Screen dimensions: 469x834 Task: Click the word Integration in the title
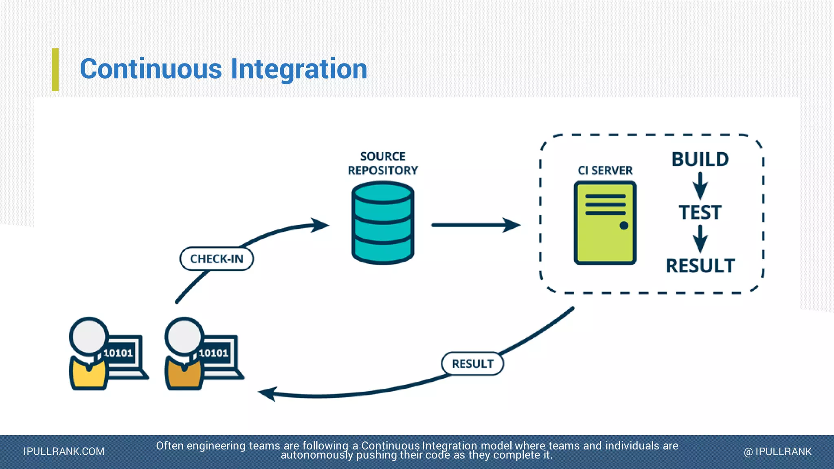point(299,69)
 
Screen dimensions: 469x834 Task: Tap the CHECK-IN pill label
point(217,259)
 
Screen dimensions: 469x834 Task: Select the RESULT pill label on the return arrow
point(472,364)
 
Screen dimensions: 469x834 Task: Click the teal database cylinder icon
point(382,223)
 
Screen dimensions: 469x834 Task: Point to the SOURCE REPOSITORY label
point(383,163)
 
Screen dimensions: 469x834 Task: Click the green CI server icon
point(605,223)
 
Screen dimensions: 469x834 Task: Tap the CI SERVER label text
point(605,170)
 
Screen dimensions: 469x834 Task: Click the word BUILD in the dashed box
point(700,159)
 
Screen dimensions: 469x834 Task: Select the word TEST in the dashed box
point(700,213)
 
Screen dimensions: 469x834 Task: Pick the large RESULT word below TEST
point(700,266)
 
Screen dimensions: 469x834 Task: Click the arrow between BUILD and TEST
point(700,186)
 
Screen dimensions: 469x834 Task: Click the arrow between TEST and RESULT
point(700,239)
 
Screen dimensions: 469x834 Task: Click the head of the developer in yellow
point(89,336)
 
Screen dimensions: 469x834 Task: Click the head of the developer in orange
point(184,336)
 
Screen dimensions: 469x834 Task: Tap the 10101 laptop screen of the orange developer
point(214,353)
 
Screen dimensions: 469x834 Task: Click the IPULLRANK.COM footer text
point(64,451)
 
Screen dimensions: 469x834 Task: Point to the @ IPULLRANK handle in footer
point(777,451)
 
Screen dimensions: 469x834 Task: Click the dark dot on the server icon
point(624,226)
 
